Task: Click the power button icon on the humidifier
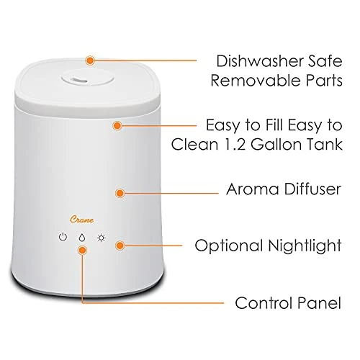63,237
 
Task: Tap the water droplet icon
82,238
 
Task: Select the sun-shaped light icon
102,238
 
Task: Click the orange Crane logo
82,220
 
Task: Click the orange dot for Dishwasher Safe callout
90,60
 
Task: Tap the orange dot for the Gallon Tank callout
117,125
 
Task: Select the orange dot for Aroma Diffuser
120,193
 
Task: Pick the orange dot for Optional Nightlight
120,246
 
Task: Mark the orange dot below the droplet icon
82,251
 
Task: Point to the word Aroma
253,189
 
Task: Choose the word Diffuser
312,189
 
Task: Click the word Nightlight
305,246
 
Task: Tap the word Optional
229,246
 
